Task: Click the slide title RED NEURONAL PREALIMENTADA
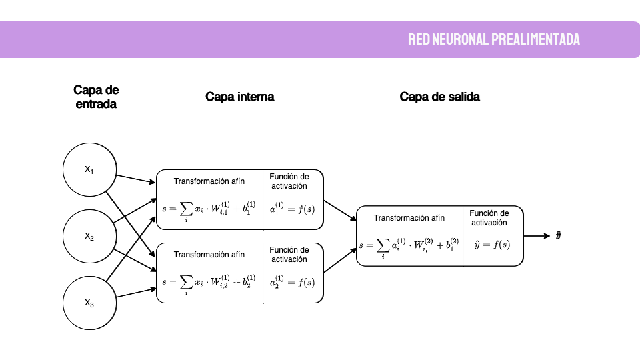(494, 39)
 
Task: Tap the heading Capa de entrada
(96, 97)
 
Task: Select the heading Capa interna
(239, 97)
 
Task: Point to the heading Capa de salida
(439, 97)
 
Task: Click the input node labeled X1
(89, 170)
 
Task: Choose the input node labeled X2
(89, 236)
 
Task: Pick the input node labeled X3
(89, 303)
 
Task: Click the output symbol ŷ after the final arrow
(558, 236)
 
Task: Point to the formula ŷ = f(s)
(492, 245)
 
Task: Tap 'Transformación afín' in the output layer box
(409, 218)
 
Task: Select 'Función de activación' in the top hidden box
(289, 181)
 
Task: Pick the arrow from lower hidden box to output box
(339, 261)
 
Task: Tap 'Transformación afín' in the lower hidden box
(209, 255)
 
